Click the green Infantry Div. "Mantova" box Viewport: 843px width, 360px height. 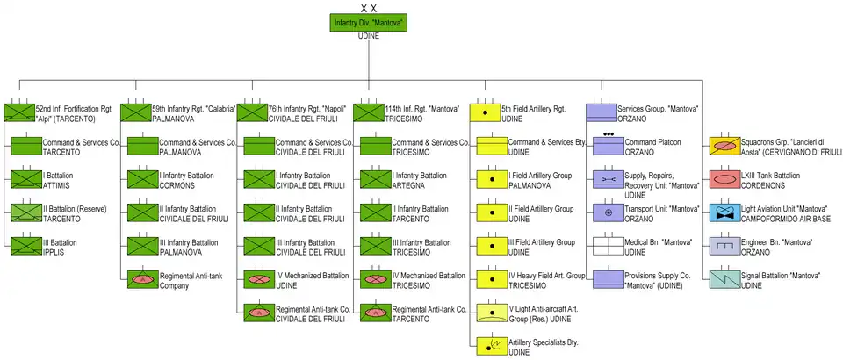click(369, 23)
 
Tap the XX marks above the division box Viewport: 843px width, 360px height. click(369, 7)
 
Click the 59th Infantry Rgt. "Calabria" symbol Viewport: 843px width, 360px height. click(135, 112)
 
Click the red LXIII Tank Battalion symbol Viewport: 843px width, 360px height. click(725, 179)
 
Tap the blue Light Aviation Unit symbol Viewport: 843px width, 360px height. click(725, 212)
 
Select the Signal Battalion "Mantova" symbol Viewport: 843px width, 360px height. click(725, 279)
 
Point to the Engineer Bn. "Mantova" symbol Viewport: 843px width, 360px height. click(725, 246)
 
